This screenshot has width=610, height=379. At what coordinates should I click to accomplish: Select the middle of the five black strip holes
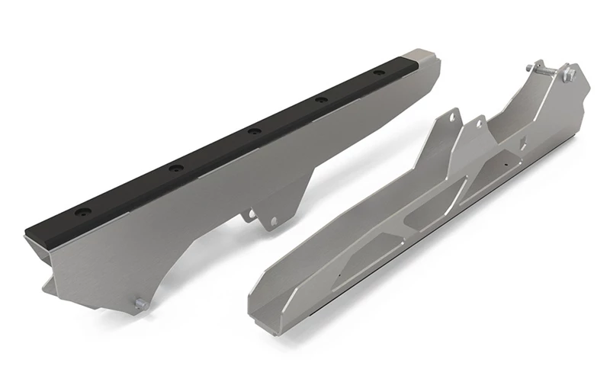pos(254,131)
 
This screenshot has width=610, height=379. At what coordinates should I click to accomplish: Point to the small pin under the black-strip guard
pos(140,304)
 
